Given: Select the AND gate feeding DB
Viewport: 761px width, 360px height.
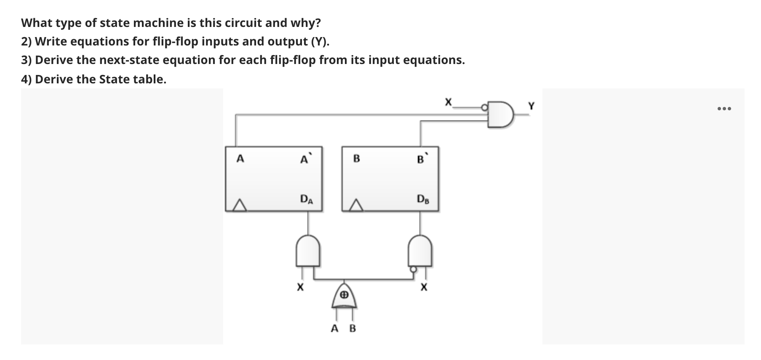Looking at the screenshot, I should click(x=420, y=251).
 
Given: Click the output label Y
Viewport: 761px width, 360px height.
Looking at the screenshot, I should click(x=531, y=107).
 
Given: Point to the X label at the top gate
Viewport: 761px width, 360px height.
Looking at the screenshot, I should click(x=448, y=101).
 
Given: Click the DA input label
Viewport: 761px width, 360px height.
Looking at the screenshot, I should click(x=306, y=199).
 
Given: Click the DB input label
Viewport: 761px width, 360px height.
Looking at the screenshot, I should click(x=422, y=199).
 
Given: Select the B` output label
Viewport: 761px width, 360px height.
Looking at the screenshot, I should click(x=421, y=159).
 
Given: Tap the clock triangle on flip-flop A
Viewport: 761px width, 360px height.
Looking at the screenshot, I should click(x=239, y=205).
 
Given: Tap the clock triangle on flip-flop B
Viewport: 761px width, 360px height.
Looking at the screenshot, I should click(x=356, y=205).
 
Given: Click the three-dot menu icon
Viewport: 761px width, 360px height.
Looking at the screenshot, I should click(x=724, y=109).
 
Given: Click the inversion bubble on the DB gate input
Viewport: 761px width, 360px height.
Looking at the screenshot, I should click(x=413, y=269).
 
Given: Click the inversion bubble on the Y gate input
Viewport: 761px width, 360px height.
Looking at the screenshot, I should click(x=485, y=108).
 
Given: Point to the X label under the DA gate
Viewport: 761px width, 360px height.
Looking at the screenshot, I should click(x=299, y=288).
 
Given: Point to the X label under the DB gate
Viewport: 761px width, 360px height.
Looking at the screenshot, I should click(x=424, y=288).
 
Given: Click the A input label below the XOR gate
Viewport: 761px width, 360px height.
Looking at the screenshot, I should click(x=335, y=328).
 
